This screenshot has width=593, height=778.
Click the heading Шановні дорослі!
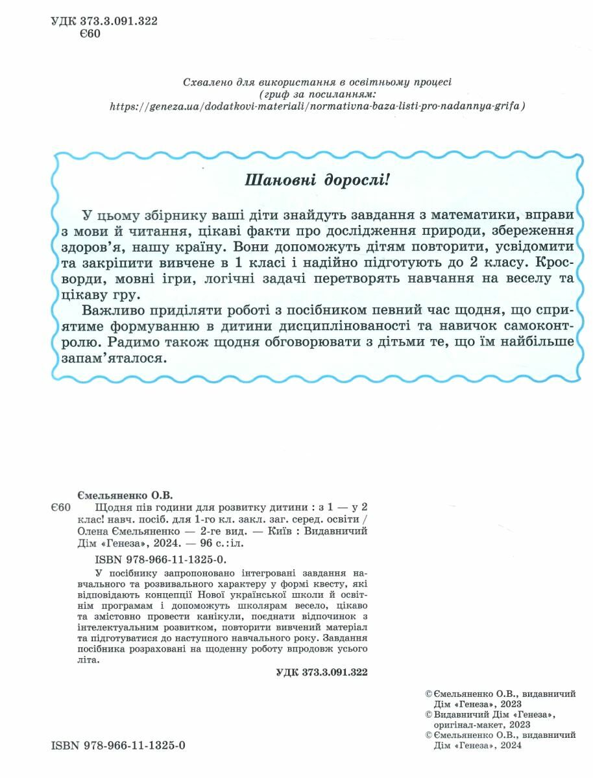(x=317, y=179)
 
